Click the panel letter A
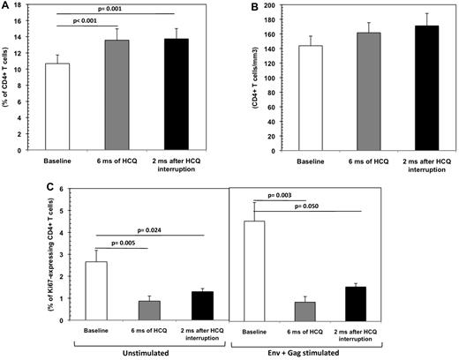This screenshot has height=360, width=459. (7, 8)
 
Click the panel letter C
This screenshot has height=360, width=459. (7, 188)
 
